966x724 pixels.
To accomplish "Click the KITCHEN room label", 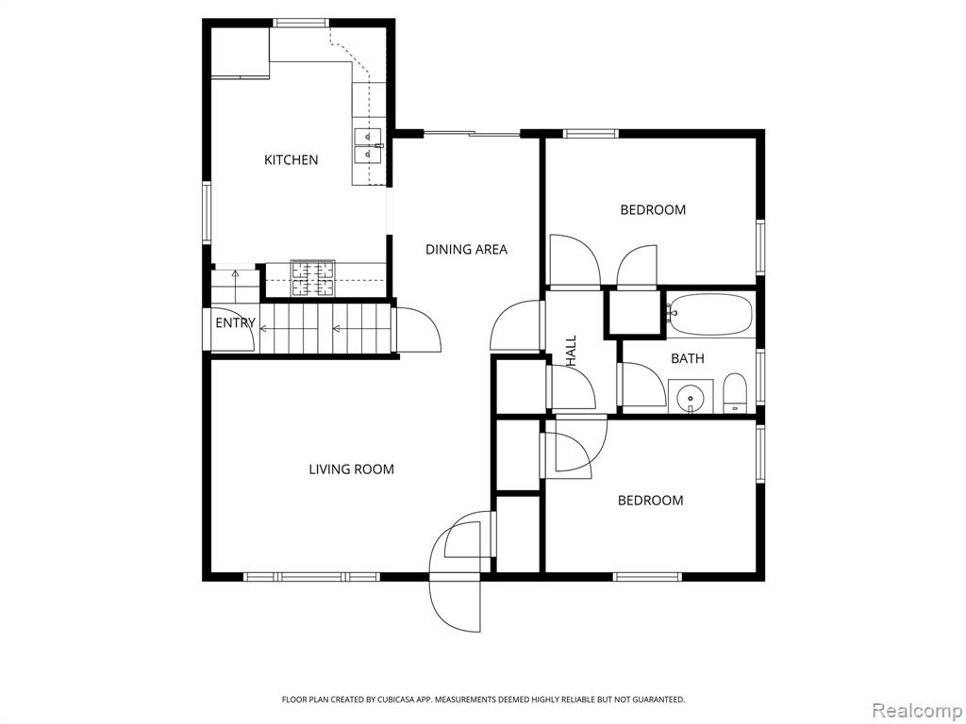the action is click(x=291, y=160).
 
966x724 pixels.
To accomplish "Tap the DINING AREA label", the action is click(x=466, y=249).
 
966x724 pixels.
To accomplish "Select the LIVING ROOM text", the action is click(x=351, y=469).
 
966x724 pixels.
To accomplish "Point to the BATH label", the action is click(x=688, y=358).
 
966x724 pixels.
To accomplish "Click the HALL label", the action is click(x=571, y=352).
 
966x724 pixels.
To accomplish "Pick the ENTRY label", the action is click(x=235, y=322).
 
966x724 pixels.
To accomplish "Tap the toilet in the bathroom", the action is click(x=734, y=393).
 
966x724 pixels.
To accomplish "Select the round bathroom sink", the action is click(x=691, y=397).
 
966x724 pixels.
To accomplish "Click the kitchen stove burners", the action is click(x=313, y=278).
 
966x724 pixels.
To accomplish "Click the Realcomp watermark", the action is click(x=917, y=710).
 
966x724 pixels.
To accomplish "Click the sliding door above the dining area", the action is click(x=472, y=134).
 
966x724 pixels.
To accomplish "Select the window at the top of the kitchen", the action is click(x=301, y=23).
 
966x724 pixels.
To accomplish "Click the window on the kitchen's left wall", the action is click(x=207, y=212).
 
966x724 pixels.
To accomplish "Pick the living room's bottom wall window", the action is click(x=311, y=577).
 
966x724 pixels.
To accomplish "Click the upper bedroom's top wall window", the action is click(x=591, y=134).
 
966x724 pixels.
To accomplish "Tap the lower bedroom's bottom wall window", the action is click(x=648, y=577).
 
